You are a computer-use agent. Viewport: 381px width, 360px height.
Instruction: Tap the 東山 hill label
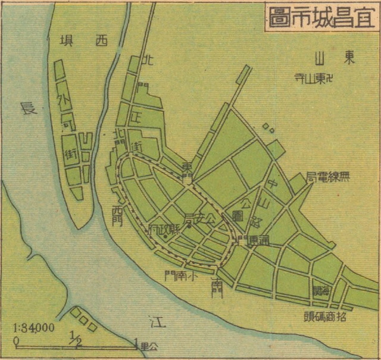click(332, 58)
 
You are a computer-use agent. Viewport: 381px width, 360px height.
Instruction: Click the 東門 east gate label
click(187, 170)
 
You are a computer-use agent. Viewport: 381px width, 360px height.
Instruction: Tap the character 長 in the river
click(27, 109)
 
